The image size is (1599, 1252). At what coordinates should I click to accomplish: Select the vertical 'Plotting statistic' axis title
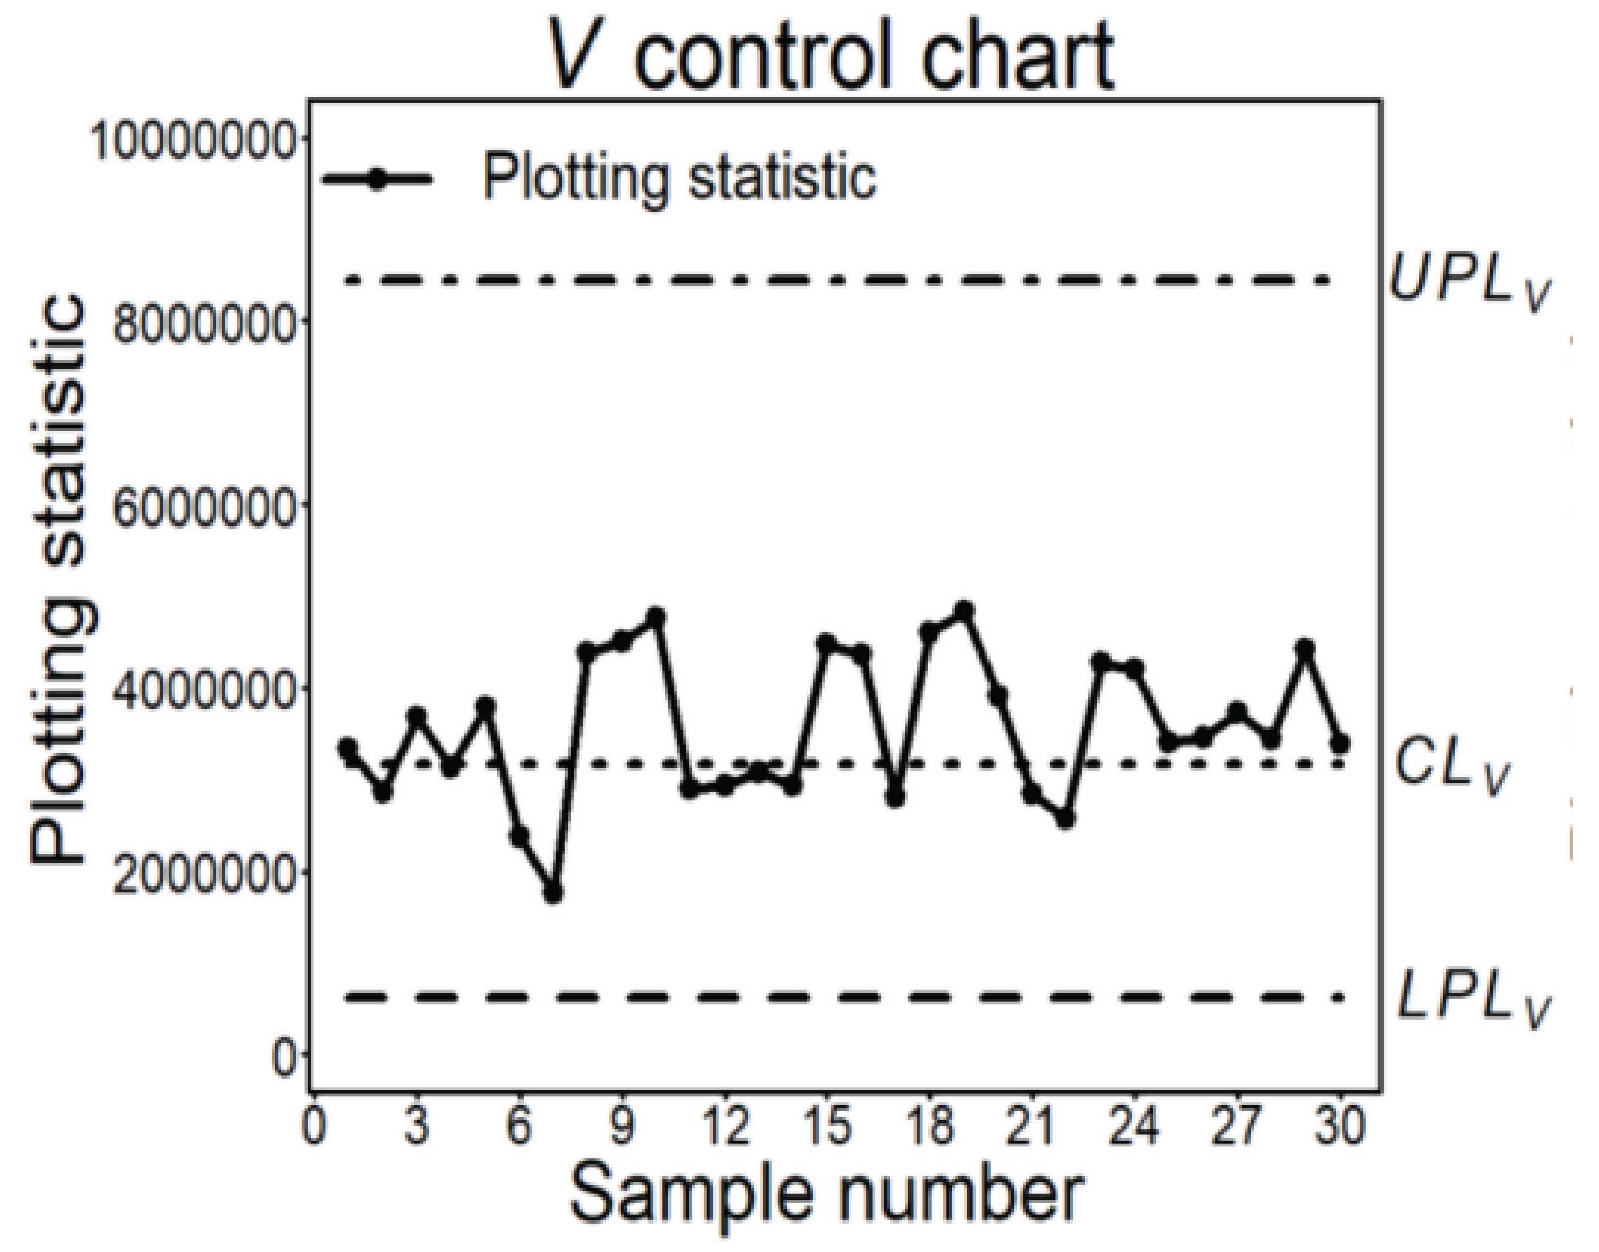point(62,579)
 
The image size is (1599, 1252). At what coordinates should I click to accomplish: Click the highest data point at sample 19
point(964,610)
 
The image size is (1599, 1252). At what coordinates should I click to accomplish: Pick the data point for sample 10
point(656,616)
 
